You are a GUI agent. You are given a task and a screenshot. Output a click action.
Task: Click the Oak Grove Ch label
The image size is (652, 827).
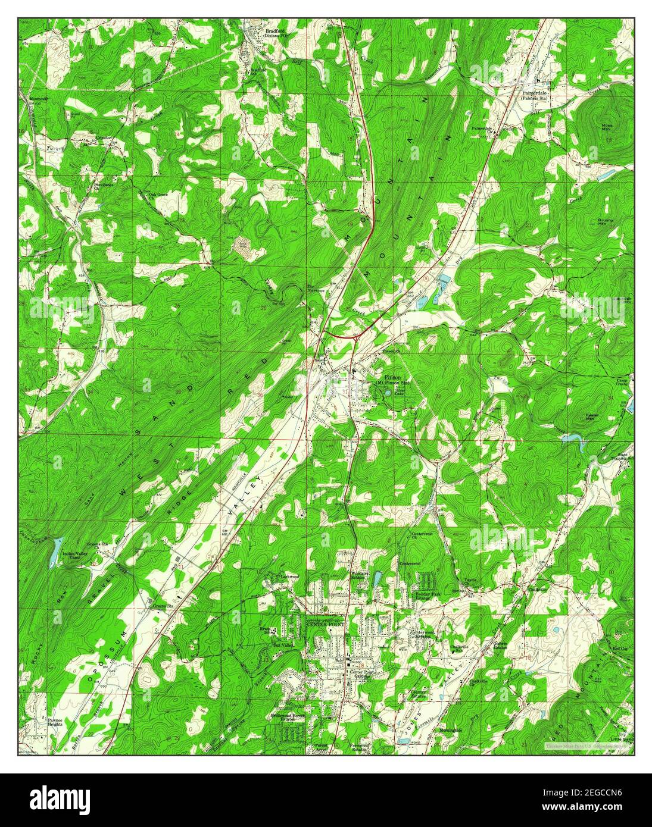click(x=158, y=195)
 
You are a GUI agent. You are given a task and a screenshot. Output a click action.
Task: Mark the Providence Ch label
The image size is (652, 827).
click(x=103, y=186)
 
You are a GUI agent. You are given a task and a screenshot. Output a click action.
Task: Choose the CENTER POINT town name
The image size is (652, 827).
click(x=326, y=624)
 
